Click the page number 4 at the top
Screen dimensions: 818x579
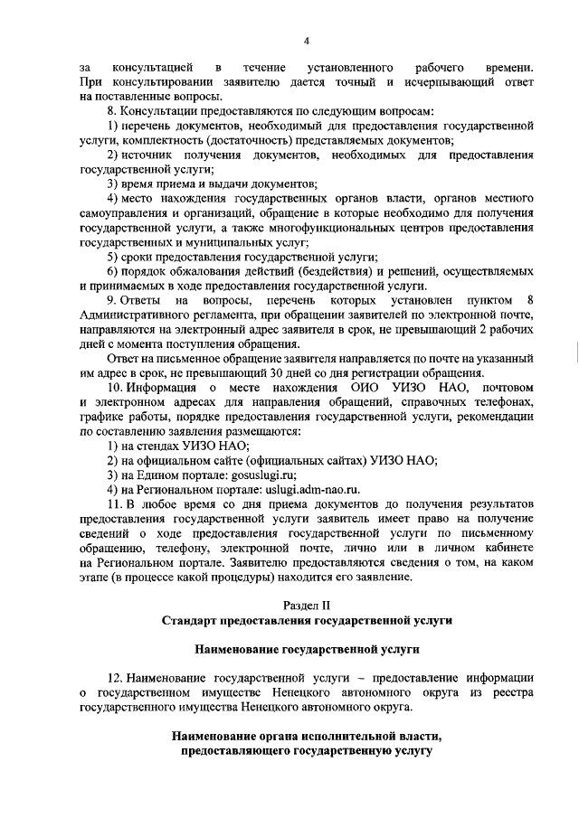[306, 40]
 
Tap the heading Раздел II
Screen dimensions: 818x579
[307, 604]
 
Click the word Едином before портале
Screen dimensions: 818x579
[157, 475]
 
